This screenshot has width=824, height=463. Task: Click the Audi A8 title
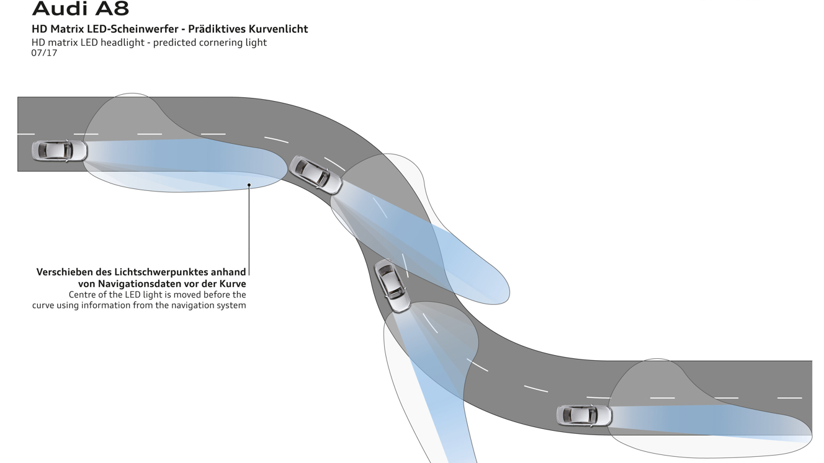(81, 9)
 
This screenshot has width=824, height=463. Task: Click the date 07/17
(44, 53)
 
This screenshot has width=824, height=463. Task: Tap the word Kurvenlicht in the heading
(279, 29)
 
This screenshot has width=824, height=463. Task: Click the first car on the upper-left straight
(60, 151)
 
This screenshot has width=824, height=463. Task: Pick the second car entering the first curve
(316, 174)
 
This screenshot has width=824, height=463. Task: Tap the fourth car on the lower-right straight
(584, 415)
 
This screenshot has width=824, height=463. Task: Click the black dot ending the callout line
(249, 184)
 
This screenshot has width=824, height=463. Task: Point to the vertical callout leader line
(249, 229)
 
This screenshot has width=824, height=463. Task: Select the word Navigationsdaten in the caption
(140, 283)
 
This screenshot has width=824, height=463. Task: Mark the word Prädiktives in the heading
(218, 29)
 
